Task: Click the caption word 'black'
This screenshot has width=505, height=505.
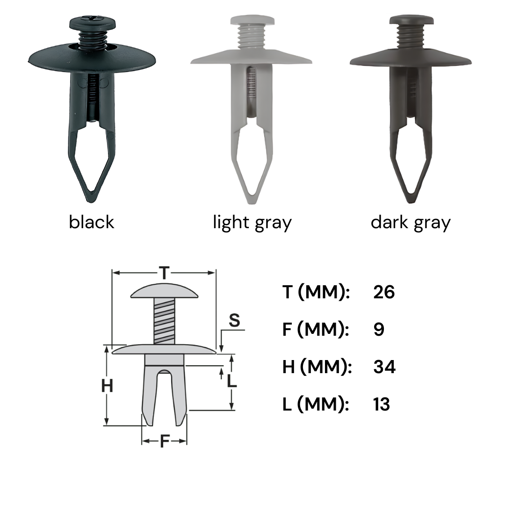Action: (x=91, y=222)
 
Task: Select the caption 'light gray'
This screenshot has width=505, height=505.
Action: (x=252, y=223)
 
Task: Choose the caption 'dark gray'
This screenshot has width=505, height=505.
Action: (x=411, y=223)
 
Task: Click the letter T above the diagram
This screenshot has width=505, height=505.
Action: (x=164, y=273)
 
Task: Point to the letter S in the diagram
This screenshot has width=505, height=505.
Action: (x=234, y=321)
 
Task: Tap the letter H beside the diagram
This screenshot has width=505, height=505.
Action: (x=108, y=387)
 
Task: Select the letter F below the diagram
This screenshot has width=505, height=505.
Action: (x=164, y=441)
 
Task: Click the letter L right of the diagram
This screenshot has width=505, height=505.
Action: (x=231, y=381)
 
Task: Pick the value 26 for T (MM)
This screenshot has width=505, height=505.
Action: (x=384, y=292)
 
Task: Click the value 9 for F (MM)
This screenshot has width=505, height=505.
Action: (x=379, y=330)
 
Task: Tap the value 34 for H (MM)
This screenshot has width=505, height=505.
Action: (x=384, y=367)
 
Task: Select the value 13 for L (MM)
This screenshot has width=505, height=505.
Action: (x=382, y=404)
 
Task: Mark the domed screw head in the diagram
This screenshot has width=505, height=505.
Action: (x=164, y=291)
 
